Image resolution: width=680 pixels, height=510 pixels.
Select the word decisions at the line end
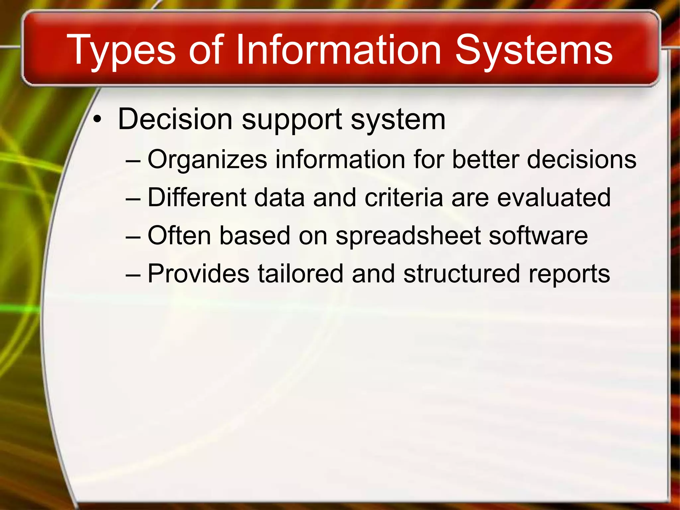click(582, 159)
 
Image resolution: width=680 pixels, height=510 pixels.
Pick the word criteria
click(404, 197)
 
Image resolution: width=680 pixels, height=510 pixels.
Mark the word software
click(538, 235)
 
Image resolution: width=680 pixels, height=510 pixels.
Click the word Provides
click(198, 274)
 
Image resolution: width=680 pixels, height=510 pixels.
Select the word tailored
click(300, 274)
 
